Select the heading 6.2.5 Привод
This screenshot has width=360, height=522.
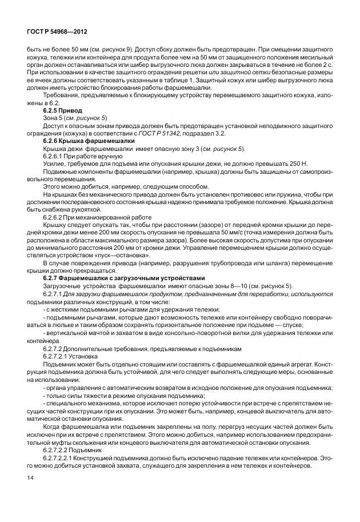point(63,109)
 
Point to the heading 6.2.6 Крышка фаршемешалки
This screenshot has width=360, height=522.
point(89,140)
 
